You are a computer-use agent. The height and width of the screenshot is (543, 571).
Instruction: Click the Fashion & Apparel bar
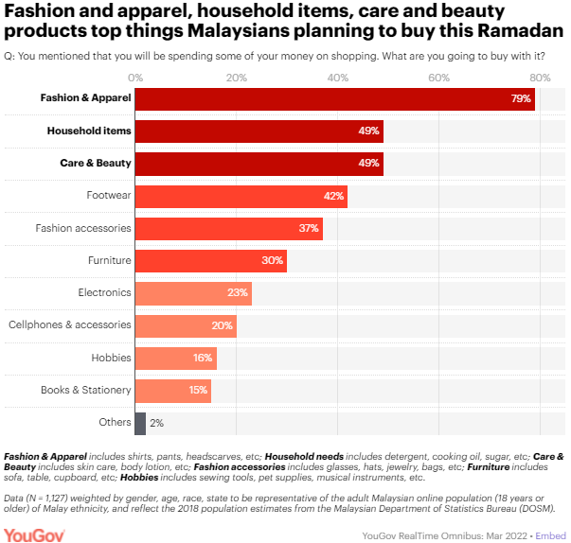pos(335,98)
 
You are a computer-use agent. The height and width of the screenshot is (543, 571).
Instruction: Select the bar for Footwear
pos(241,196)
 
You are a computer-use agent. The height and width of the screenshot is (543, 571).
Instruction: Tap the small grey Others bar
pos(140,423)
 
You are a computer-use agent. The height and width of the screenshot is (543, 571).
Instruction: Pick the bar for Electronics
pos(193,293)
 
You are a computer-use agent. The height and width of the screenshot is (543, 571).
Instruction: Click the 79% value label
pos(521,98)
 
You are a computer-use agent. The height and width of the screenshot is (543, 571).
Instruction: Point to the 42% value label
pos(332,196)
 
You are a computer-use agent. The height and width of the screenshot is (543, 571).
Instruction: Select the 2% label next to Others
pos(156,423)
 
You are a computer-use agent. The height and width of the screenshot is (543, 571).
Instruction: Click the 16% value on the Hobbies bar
pos(203,359)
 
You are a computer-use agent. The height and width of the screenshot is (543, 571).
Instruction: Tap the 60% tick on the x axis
pos(438,76)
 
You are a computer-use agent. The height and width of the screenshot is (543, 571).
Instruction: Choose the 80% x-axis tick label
pos(540,76)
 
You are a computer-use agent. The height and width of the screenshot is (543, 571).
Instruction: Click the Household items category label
pos(89,131)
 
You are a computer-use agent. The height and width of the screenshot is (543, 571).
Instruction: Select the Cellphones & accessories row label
pos(70,325)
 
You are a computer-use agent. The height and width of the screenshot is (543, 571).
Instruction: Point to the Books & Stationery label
pos(85,391)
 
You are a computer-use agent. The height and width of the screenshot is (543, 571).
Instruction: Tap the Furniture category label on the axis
pos(109,260)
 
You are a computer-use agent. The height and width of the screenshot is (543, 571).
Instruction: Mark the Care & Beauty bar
pos(259,164)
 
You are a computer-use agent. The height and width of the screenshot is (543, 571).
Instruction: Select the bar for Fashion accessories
pos(228,228)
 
